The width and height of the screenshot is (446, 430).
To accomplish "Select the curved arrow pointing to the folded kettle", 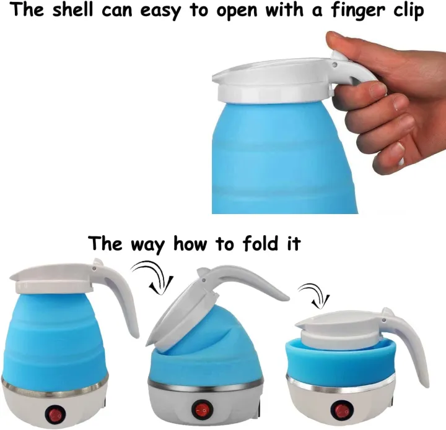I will click(313, 293).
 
